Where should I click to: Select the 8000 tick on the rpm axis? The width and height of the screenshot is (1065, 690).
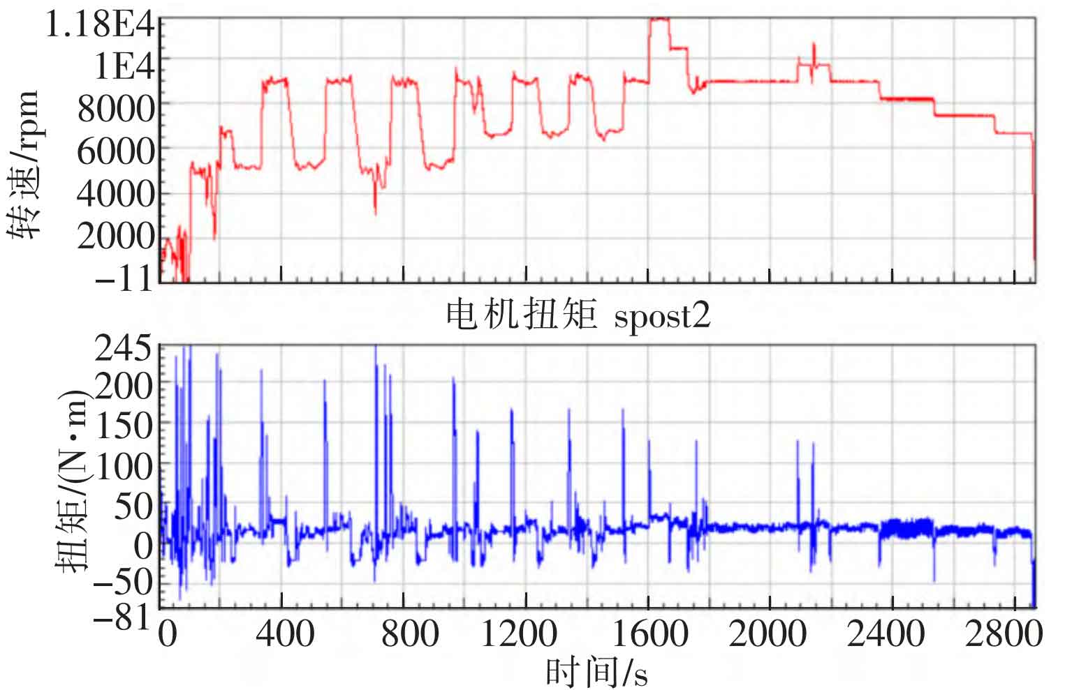(x=115, y=108)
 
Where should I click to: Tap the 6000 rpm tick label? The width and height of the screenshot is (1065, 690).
(x=115, y=151)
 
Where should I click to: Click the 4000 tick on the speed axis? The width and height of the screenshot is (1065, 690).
(x=115, y=193)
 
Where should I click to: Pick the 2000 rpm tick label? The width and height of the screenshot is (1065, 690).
(x=115, y=237)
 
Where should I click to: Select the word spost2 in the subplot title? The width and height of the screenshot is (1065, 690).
(x=661, y=316)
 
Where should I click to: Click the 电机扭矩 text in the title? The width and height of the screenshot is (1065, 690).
(x=522, y=315)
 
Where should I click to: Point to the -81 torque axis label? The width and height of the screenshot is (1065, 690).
(x=123, y=617)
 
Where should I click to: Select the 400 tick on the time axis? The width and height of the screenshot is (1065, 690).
(x=281, y=635)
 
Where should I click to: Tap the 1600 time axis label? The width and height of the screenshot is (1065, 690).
(x=649, y=635)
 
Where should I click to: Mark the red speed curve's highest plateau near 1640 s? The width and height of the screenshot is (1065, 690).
(x=659, y=20)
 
